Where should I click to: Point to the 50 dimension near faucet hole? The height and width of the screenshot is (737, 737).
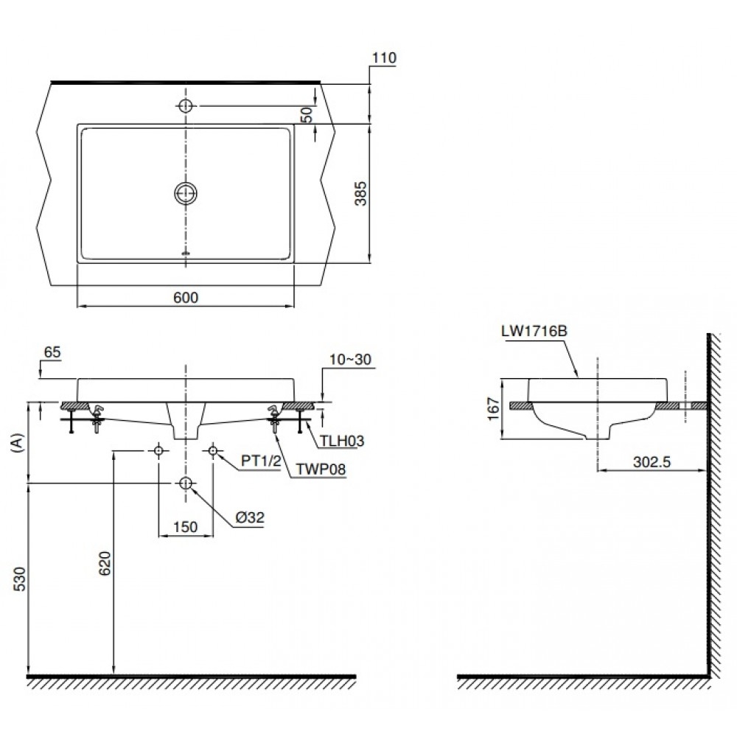[307, 113]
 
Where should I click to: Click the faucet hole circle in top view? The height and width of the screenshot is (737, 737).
[185, 106]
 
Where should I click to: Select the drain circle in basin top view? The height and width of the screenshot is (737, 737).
[185, 194]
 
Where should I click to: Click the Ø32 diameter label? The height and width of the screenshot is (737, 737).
[250, 518]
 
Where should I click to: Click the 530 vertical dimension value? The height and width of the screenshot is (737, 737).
[18, 580]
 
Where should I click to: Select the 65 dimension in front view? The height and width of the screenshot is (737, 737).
[52, 352]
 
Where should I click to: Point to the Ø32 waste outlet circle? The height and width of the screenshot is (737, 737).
[185, 483]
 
